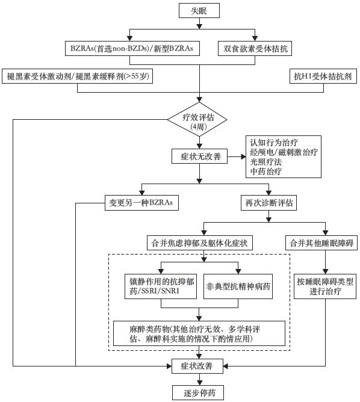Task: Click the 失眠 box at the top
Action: pos(199,10)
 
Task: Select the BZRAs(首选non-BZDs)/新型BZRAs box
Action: pos(132,49)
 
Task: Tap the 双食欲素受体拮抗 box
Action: pos(255,49)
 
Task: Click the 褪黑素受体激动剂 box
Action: pos(77,76)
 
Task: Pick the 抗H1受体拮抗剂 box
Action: pos(323,76)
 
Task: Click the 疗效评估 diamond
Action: pos(197,120)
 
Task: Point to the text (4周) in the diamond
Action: pos(199,126)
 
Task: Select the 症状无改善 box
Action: pos(199,156)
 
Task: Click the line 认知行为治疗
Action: pos(274,143)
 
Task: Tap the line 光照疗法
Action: pos(266,162)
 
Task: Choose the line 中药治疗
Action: pos(266,172)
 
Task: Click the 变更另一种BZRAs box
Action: pos(141,203)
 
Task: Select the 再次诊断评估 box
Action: pos(268,203)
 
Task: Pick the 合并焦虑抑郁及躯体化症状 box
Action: pos(199,243)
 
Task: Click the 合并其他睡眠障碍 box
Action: pos(321,243)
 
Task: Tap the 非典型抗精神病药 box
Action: pos(238,286)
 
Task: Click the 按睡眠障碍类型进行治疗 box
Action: pos(325,286)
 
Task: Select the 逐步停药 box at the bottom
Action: pos(198,392)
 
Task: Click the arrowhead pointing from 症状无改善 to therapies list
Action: pos(243,156)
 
